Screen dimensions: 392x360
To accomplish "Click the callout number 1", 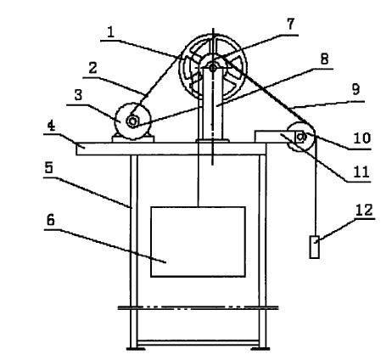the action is [111, 32].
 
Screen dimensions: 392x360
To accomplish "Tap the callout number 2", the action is [92, 68].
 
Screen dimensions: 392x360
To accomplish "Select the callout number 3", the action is [78, 95].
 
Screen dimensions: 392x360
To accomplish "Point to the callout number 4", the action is [51, 126].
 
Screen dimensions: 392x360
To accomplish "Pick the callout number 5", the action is [48, 167].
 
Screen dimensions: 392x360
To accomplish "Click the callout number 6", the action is [51, 220].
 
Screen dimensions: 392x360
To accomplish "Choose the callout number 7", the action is [291, 24].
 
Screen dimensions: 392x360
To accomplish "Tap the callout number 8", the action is [324, 59].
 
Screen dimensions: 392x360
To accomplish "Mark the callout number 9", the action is [356, 89].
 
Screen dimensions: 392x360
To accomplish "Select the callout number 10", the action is [362, 138].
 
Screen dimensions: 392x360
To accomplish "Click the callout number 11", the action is [361, 172].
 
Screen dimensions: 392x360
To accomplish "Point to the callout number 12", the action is [364, 211].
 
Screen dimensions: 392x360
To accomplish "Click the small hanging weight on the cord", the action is [315, 247].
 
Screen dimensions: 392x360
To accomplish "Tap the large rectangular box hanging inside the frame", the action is [198, 242].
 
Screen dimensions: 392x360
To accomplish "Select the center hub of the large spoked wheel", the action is [213, 67].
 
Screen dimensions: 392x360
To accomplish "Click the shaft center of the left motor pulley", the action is [132, 121].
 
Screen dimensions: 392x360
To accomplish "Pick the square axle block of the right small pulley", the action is [300, 138].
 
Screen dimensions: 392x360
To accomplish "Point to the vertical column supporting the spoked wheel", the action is [213, 104].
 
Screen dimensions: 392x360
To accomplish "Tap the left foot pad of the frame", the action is [136, 349].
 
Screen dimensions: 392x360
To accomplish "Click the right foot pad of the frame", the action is [260, 349].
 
